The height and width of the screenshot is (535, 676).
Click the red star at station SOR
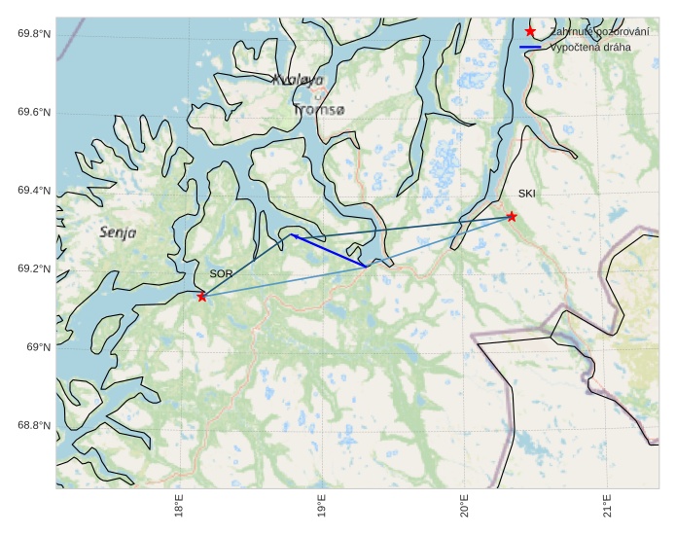click(201, 296)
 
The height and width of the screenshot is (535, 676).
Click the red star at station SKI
click(512, 216)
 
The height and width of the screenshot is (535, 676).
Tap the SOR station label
click(221, 274)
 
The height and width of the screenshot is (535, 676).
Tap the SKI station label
click(527, 194)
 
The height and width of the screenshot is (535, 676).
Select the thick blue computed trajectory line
click(329, 250)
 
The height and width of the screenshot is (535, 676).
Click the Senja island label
click(117, 232)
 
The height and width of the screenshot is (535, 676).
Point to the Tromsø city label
click(319, 110)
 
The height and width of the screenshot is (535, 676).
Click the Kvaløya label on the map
click(298, 79)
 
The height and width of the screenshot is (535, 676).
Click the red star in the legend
click(530, 32)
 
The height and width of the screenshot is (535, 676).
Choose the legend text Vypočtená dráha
click(590, 47)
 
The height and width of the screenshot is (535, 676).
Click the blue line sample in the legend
click(530, 47)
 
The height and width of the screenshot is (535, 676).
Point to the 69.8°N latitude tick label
click(34, 34)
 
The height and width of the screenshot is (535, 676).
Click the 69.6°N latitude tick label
click(34, 113)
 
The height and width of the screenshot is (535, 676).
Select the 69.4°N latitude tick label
click(34, 191)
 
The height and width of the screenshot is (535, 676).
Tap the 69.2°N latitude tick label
click(34, 269)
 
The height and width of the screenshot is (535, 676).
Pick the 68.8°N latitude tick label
click(34, 426)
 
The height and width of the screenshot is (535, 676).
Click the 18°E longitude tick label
click(179, 509)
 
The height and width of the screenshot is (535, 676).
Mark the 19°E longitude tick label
click(322, 509)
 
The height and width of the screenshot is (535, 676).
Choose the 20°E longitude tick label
click(465, 509)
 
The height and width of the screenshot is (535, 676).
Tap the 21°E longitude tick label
click(607, 509)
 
